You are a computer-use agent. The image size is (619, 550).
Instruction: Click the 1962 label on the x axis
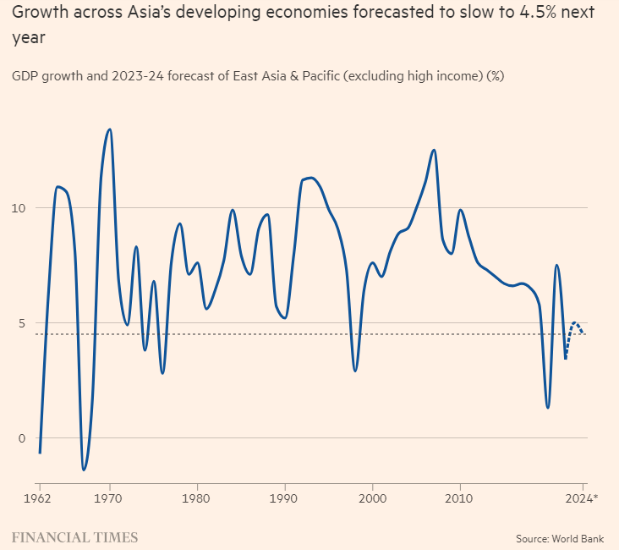tap(39, 498)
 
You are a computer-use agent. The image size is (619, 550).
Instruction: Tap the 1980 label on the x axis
tap(197, 498)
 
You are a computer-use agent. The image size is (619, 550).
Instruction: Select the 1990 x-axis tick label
tap(285, 498)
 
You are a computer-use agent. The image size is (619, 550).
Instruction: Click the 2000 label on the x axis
tap(373, 498)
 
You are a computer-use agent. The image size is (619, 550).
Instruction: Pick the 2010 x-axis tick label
tap(460, 498)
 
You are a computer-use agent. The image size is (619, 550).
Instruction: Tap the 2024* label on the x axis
tap(583, 498)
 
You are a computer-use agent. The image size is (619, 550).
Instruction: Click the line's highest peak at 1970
tap(109, 129)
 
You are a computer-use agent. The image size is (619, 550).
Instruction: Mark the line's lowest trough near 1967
tap(84, 470)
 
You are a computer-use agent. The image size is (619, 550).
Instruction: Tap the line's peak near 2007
tap(434, 150)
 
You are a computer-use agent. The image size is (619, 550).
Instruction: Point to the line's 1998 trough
tap(355, 371)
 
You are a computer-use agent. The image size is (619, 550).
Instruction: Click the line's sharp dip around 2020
tap(548, 408)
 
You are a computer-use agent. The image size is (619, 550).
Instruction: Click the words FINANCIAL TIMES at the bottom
tap(74, 537)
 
